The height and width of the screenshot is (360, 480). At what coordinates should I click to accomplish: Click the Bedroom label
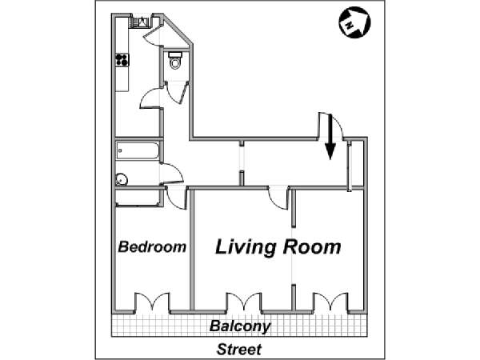152,246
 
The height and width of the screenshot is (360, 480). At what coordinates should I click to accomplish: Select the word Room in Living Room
312,246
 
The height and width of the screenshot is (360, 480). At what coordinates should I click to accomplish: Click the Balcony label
240,326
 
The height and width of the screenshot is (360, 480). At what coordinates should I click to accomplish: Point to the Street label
239,350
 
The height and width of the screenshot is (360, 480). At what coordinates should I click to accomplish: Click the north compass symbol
354,22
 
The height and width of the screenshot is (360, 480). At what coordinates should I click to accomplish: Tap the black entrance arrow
330,137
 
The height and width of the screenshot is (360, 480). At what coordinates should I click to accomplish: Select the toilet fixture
175,60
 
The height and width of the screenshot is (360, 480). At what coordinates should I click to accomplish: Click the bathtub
138,150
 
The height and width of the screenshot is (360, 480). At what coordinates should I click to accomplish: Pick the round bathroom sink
122,180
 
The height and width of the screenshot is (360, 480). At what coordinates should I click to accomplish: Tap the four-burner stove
122,60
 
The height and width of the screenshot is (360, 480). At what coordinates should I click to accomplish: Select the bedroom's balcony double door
152,302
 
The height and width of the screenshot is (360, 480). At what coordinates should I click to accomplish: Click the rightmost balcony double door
330,302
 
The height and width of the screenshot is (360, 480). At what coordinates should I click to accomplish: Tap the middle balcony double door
244,302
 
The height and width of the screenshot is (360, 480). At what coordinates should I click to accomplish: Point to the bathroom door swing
172,174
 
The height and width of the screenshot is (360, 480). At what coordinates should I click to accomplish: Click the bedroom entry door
176,198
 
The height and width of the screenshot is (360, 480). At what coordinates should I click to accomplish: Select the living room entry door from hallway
278,198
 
